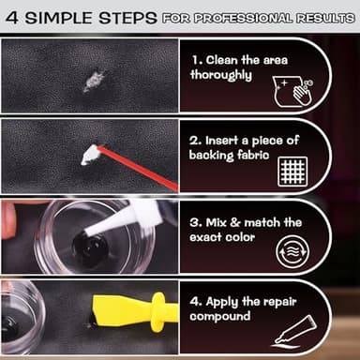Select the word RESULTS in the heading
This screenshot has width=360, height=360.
[x=322, y=18]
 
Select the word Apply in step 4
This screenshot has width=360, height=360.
[x=228, y=302]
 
